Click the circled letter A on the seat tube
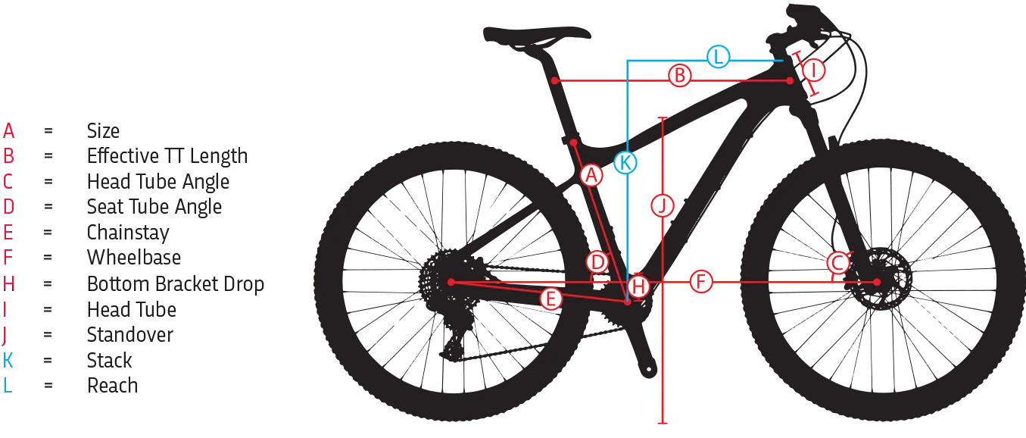pyautogui.click(x=591, y=176)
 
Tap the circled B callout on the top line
pyautogui.click(x=680, y=76)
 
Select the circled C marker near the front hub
pyautogui.click(x=837, y=263)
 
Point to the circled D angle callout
pyautogui.click(x=598, y=263)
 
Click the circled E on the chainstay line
pyautogui.click(x=550, y=299)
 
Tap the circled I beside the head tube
pyautogui.click(x=813, y=70)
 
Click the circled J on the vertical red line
pyautogui.click(x=663, y=205)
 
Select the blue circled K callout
pyautogui.click(x=625, y=161)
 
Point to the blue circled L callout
pyautogui.click(x=718, y=57)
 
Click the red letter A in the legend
pyautogui.click(x=8, y=130)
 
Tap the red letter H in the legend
pyautogui.click(x=8, y=284)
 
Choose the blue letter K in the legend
pyautogui.click(x=8, y=360)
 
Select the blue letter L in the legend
pyautogui.click(x=7, y=385)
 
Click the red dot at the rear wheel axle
pyautogui.click(x=451, y=282)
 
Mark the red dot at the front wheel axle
pyautogui.click(x=877, y=282)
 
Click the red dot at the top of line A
pyautogui.click(x=574, y=142)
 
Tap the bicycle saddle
pyautogui.click(x=535, y=33)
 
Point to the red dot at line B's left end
pyautogui.click(x=554, y=80)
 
